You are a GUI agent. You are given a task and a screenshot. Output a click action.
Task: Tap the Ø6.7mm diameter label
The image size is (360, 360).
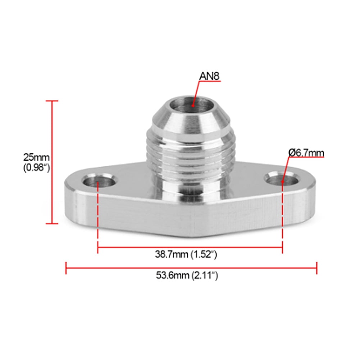tap(306, 153)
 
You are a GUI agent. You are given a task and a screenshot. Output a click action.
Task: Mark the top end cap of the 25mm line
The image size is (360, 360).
tap(53, 101)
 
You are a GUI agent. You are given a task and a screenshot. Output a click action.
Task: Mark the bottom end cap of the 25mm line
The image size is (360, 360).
tap(53, 223)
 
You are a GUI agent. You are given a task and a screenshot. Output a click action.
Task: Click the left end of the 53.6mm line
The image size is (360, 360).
tap(66, 268)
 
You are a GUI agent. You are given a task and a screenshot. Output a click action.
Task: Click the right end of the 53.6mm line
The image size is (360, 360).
tap(316, 268)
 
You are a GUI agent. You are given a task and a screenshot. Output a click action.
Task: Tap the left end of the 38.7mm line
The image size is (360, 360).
tap(98, 247)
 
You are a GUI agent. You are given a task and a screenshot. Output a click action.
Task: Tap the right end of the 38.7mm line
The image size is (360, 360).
tap(282, 247)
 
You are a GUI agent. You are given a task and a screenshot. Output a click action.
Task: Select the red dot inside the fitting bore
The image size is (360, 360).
tap(193, 106)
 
